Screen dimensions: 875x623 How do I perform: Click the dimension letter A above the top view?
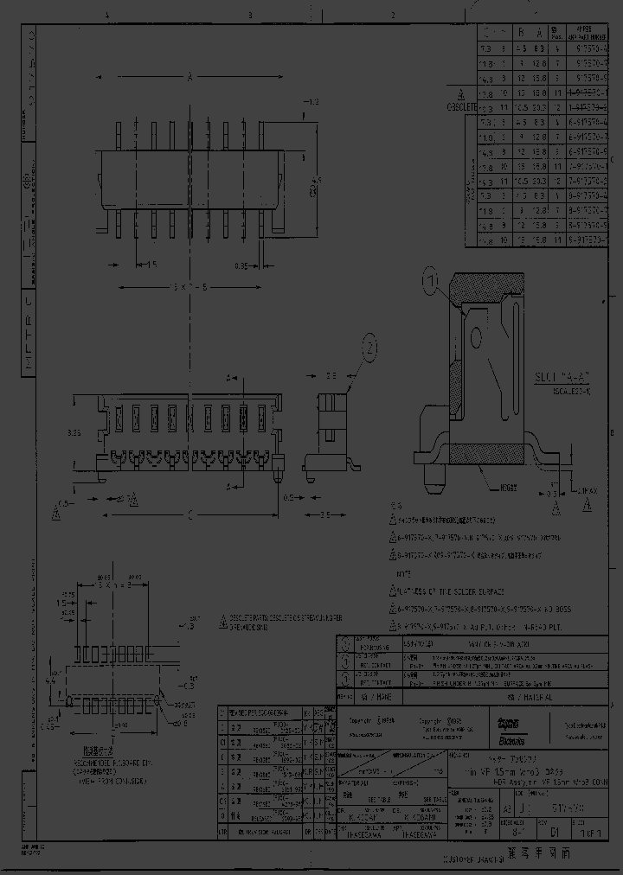tap(189, 79)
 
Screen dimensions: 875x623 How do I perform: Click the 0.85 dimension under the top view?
tap(245, 267)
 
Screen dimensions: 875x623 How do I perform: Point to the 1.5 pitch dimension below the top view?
tap(150, 266)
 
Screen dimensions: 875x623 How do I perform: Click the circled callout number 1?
tap(432, 280)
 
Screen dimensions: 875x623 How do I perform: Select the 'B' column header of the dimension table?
tap(521, 34)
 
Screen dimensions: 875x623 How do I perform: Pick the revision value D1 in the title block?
tap(555, 834)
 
